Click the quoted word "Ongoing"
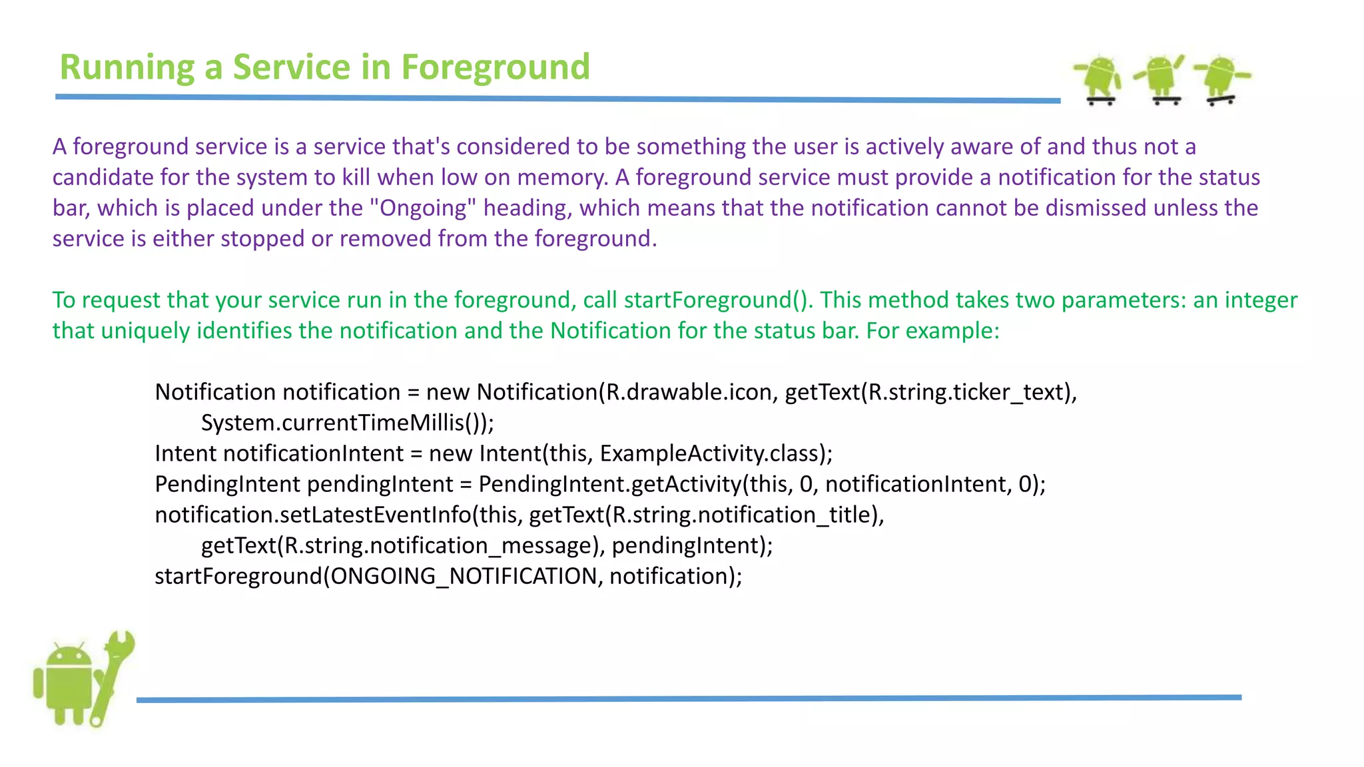(x=424, y=208)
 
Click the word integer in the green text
(x=1261, y=300)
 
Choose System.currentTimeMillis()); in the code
(x=347, y=423)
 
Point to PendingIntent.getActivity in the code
(x=609, y=484)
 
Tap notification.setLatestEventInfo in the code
(x=313, y=515)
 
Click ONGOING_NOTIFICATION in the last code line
(x=464, y=576)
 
